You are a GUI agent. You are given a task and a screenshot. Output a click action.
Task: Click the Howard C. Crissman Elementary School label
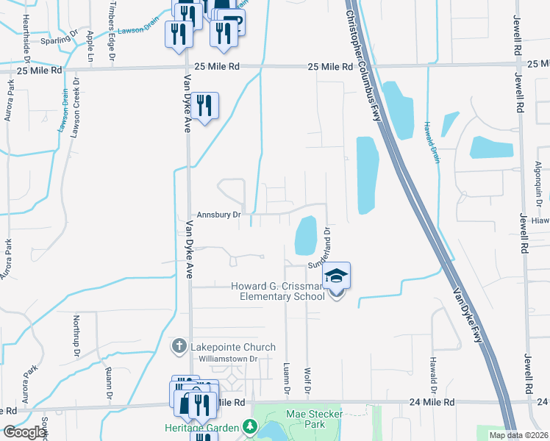click(x=277, y=291)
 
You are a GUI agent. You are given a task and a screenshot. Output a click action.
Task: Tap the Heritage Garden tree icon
click(x=250, y=427)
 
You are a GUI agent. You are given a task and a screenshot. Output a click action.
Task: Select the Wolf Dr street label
click(x=307, y=380)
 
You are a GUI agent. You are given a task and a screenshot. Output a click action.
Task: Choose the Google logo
click(x=24, y=433)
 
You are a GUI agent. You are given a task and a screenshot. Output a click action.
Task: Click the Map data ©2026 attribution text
click(x=518, y=435)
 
